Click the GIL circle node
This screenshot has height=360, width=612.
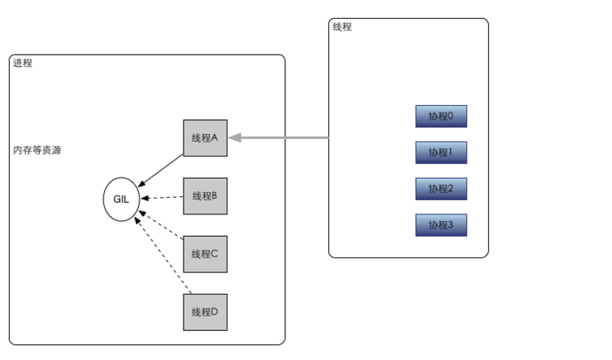click(x=122, y=199)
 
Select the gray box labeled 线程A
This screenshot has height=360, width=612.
click(x=204, y=137)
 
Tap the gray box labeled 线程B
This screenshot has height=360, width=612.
click(x=204, y=196)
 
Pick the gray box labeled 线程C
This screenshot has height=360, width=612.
click(x=204, y=254)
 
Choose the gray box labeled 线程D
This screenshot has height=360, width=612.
click(x=204, y=312)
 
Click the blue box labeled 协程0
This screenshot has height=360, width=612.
click(x=441, y=117)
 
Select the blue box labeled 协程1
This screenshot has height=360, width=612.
click(x=441, y=153)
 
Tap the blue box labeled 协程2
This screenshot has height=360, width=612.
click(x=441, y=189)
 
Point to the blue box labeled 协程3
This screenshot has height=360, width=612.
click(x=441, y=224)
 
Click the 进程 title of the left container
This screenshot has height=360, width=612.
click(x=22, y=64)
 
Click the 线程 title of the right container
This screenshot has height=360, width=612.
click(x=342, y=27)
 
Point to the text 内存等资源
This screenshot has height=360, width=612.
click(x=36, y=151)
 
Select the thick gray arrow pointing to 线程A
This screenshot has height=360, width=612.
click(x=281, y=137)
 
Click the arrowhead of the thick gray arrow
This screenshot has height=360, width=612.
click(x=236, y=137)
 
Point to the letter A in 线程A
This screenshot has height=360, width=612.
click(x=213, y=137)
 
